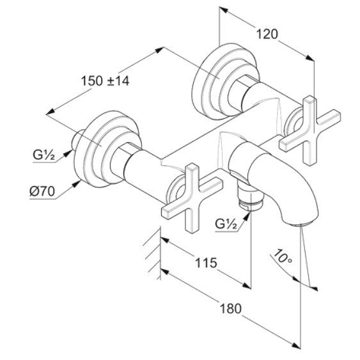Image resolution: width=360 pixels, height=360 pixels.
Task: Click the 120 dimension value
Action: click(x=267, y=34)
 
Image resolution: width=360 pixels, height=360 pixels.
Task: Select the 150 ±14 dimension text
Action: click(x=105, y=81)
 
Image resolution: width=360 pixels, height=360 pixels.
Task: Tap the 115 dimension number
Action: click(x=206, y=263)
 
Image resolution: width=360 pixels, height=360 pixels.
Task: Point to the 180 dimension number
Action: click(x=231, y=308)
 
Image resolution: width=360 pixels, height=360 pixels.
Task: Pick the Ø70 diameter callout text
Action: click(x=42, y=191)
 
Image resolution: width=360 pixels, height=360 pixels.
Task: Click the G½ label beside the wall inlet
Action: click(x=44, y=155)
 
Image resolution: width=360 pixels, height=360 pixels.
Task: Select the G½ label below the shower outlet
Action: click(x=226, y=224)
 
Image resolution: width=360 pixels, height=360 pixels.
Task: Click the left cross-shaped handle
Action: click(x=192, y=198)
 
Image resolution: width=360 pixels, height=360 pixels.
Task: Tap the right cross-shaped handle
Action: click(x=309, y=130)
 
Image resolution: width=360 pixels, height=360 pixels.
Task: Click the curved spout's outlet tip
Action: click(x=301, y=223)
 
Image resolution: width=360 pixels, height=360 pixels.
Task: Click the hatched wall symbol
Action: click(x=153, y=253)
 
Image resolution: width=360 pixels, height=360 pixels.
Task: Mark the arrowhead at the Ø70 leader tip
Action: click(x=77, y=184)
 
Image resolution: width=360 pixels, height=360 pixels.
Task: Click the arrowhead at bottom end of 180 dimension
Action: click(x=295, y=352)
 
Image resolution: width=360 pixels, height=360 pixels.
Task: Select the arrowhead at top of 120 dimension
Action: click(x=223, y=10)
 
